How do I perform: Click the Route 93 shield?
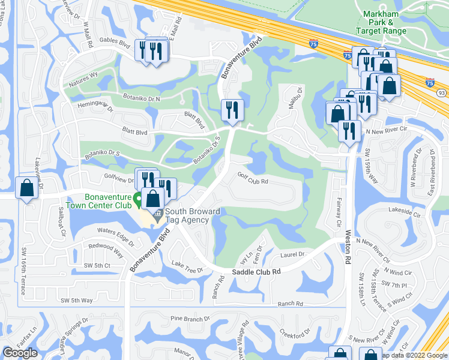tap(442, 93)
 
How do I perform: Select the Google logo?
tap(20, 353)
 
